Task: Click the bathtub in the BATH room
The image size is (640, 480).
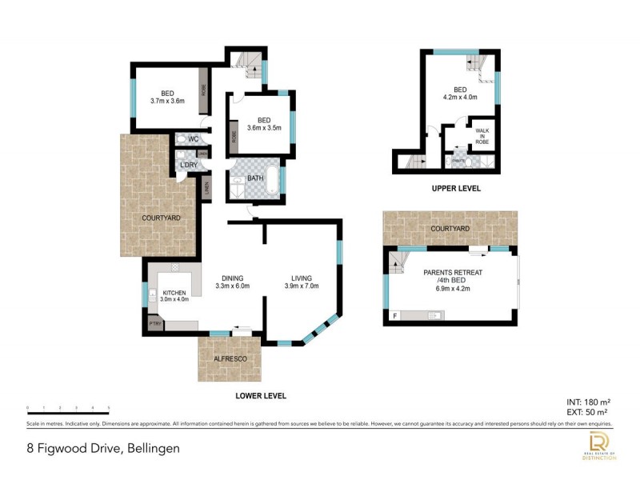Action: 272,179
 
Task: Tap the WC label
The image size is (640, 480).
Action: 193,138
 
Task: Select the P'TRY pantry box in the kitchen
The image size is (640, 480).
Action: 154,323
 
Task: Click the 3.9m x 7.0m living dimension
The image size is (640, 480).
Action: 302,286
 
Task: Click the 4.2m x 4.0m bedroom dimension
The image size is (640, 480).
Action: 460,98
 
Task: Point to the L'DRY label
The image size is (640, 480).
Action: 189,165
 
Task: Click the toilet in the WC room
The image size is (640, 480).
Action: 182,139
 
